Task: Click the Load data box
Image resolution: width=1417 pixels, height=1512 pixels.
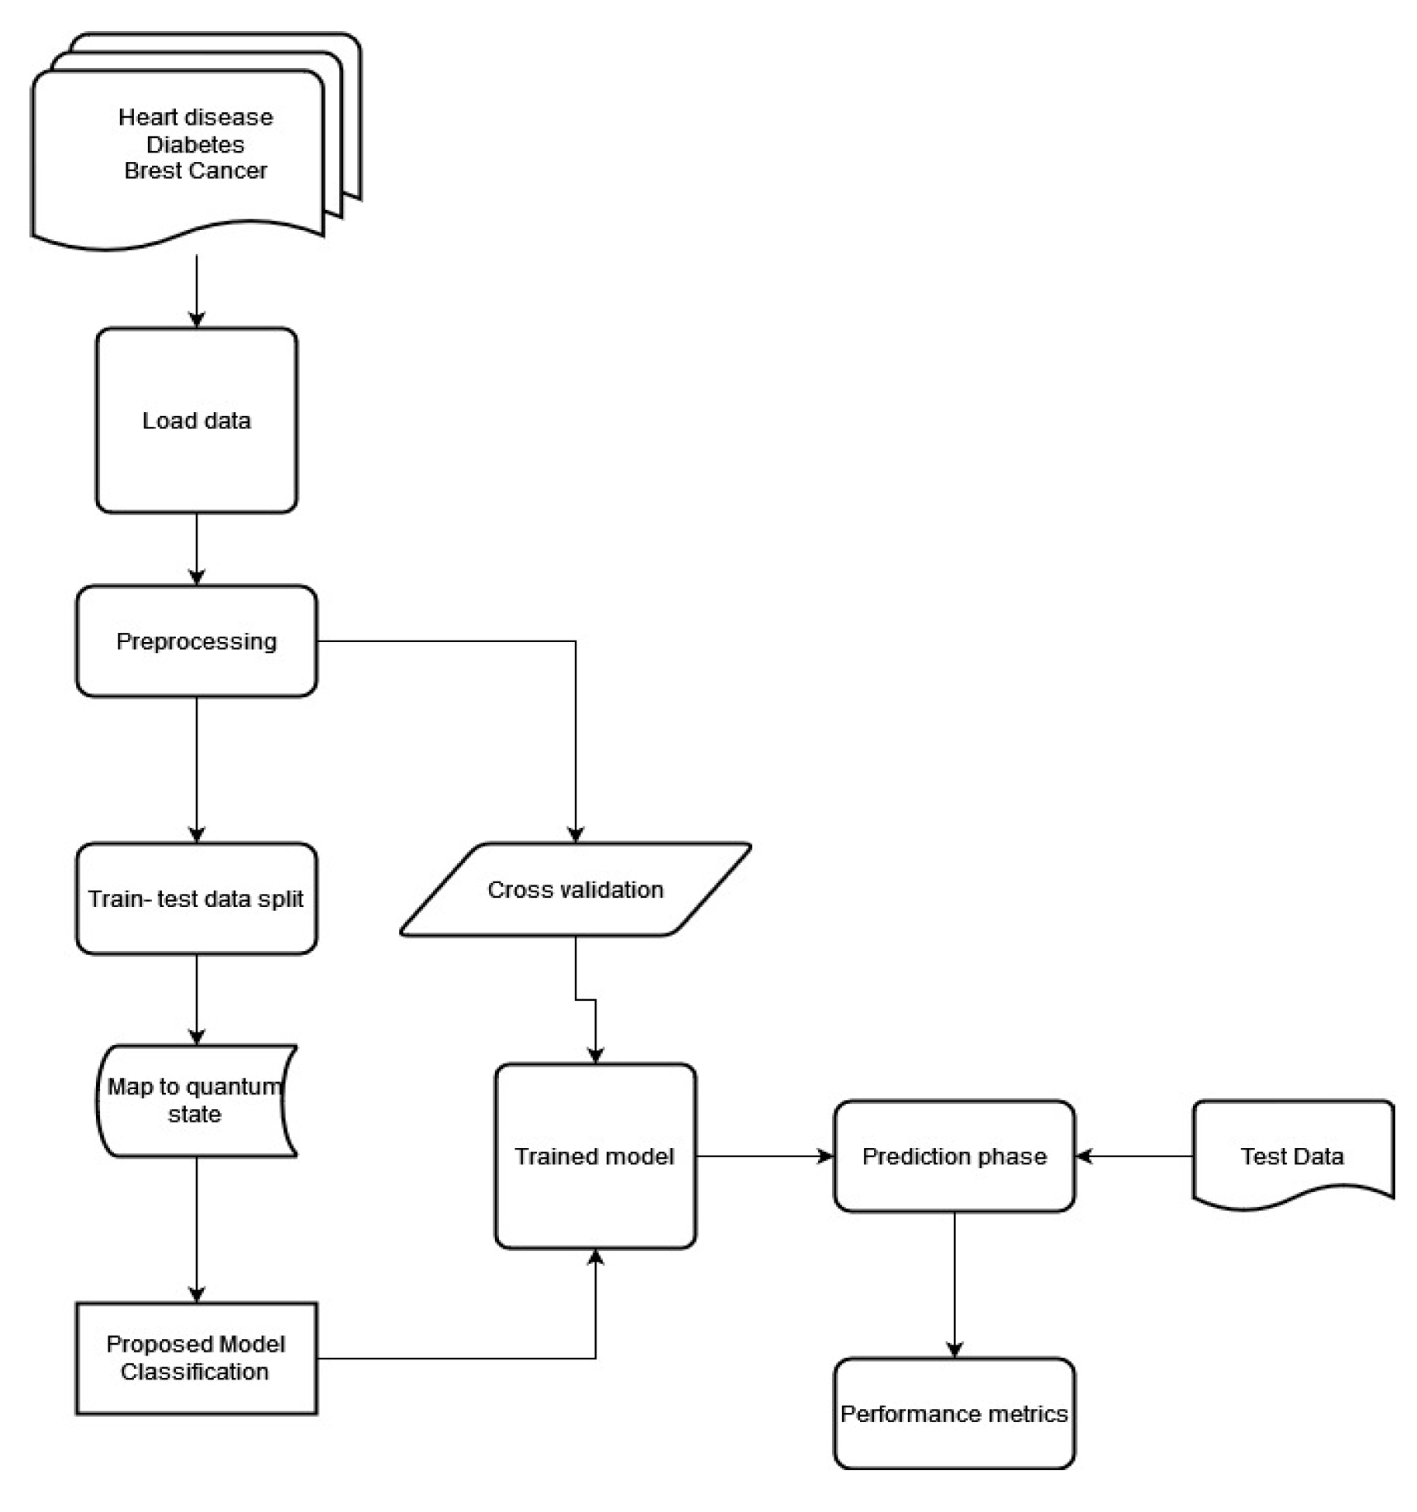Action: (x=196, y=420)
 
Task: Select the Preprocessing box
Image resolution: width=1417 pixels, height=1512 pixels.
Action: (x=196, y=641)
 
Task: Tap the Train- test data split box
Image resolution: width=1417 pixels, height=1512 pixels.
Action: (x=196, y=899)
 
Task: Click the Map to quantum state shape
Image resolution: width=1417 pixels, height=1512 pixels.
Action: (x=196, y=1101)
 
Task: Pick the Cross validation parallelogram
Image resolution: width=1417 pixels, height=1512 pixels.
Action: (x=575, y=889)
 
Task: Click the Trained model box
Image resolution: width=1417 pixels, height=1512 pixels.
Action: (x=595, y=1156)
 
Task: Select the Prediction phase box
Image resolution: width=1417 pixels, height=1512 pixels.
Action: (x=954, y=1156)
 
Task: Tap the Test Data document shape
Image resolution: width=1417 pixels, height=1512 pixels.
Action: (x=1291, y=1156)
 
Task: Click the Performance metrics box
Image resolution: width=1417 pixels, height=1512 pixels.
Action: (x=954, y=1414)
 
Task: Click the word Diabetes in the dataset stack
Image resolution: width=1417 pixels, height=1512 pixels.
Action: (x=195, y=144)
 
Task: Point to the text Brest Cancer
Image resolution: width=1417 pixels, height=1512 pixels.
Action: (x=195, y=170)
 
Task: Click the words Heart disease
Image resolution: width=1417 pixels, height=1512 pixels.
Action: (x=195, y=117)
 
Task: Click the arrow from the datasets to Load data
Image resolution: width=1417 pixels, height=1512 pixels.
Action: (x=197, y=290)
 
